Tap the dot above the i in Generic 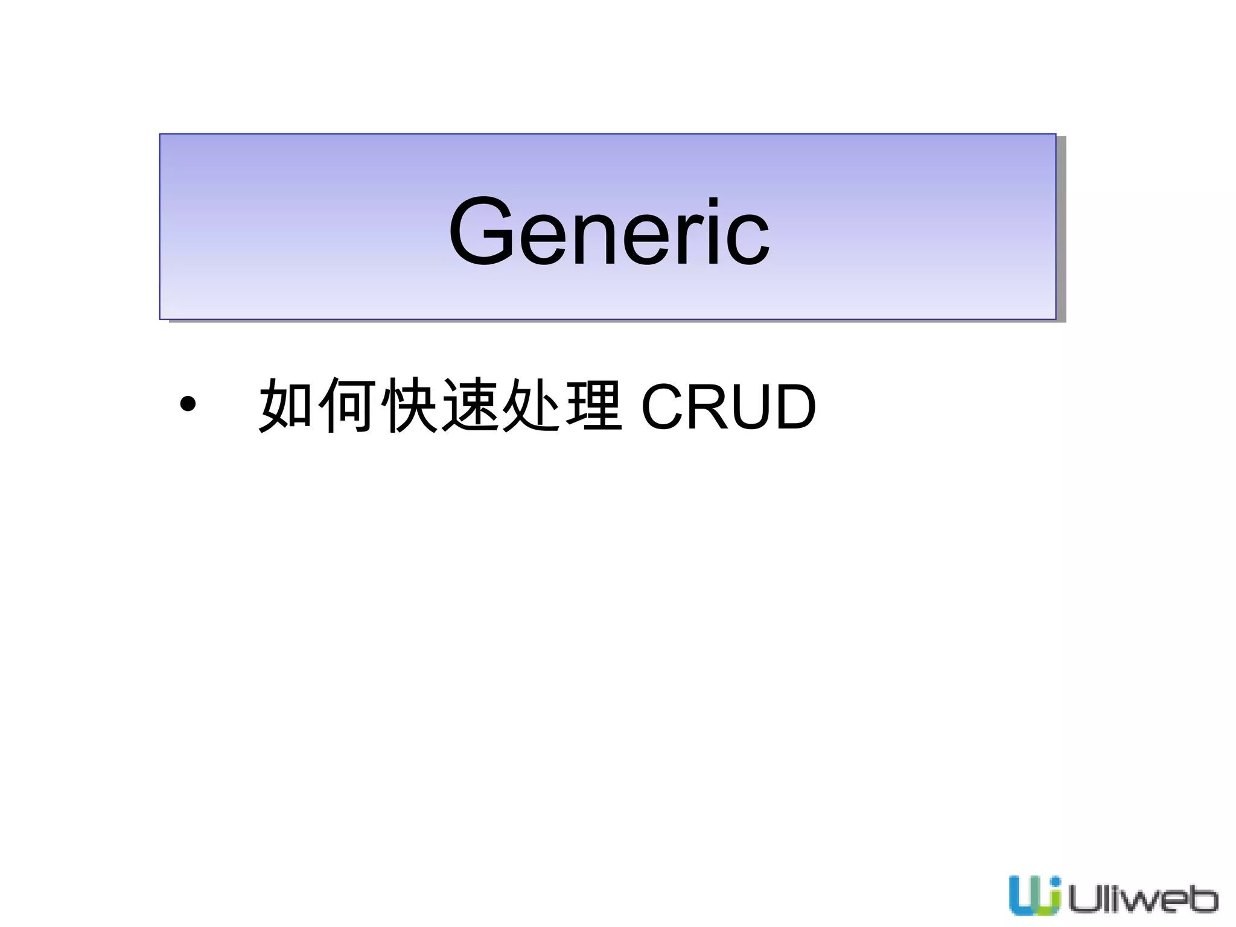713,203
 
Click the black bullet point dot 188,404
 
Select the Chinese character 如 286,406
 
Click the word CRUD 728,408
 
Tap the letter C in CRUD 663,408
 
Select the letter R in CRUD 709,408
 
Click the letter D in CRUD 795,408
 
